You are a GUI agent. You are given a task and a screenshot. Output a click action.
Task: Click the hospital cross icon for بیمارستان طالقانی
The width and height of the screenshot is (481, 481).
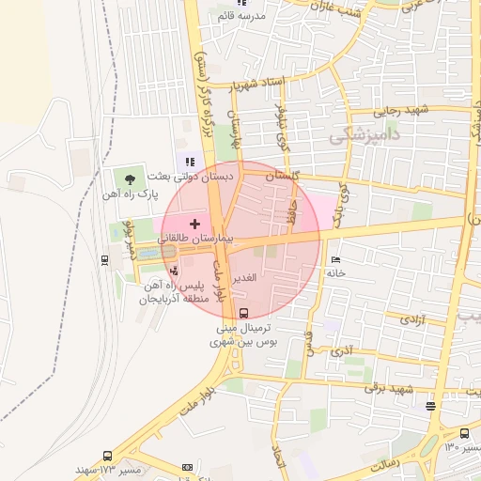[x=194, y=224]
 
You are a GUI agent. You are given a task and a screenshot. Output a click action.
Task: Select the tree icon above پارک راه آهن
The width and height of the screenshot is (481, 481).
[x=129, y=178]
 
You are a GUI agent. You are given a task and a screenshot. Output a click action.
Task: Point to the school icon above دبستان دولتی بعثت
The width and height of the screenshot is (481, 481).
[x=191, y=161]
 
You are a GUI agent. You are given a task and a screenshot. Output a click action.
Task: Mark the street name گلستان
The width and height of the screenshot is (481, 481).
[x=282, y=176]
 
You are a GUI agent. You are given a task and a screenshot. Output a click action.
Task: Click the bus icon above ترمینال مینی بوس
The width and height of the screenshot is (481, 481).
[x=244, y=313]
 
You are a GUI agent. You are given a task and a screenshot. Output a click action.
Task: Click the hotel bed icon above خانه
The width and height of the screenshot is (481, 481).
[x=336, y=260]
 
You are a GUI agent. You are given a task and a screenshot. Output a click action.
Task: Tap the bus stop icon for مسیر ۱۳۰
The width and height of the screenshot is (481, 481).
[x=464, y=433]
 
